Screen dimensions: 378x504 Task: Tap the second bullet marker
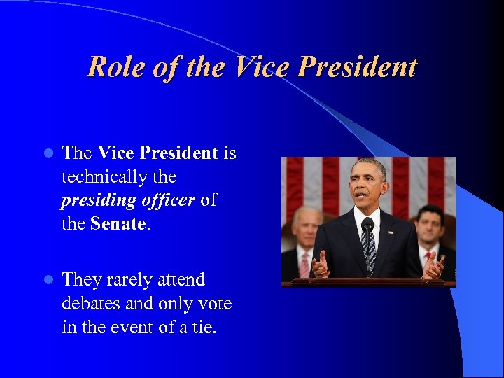[48, 280]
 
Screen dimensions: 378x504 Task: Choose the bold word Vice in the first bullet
[116, 153]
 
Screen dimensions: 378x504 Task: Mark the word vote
[216, 304]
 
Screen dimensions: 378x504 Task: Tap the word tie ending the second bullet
[203, 328]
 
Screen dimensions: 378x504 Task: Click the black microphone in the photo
[367, 225]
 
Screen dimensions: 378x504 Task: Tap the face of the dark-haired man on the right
[428, 228]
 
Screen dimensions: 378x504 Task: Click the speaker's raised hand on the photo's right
[433, 265]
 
